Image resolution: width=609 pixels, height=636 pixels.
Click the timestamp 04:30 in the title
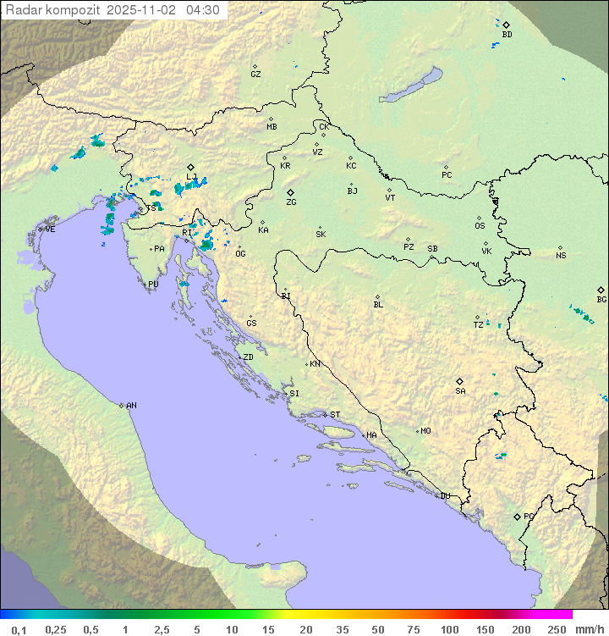[204, 10]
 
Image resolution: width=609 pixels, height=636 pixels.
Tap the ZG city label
[291, 203]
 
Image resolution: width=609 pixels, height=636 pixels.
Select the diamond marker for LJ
[191, 167]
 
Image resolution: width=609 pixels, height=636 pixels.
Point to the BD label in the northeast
[507, 35]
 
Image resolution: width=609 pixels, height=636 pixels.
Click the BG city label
[601, 300]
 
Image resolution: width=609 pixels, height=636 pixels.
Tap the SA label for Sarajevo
[460, 391]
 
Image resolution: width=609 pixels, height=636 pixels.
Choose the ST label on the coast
[335, 415]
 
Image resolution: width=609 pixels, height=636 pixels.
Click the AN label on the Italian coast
[131, 406]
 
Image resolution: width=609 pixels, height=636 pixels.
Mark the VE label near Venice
[50, 230]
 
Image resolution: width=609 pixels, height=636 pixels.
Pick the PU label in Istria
[153, 285]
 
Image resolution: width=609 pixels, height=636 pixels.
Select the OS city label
[480, 226]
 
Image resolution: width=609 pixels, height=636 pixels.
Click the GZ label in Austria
[255, 75]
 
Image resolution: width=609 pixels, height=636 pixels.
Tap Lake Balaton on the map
[411, 85]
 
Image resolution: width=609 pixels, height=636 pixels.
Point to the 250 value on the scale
[557, 629]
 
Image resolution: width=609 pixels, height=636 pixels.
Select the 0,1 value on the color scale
[19, 629]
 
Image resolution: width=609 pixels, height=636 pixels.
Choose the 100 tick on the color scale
[449, 629]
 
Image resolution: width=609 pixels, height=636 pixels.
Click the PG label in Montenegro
[529, 517]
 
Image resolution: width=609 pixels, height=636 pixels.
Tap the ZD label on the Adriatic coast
[248, 357]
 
